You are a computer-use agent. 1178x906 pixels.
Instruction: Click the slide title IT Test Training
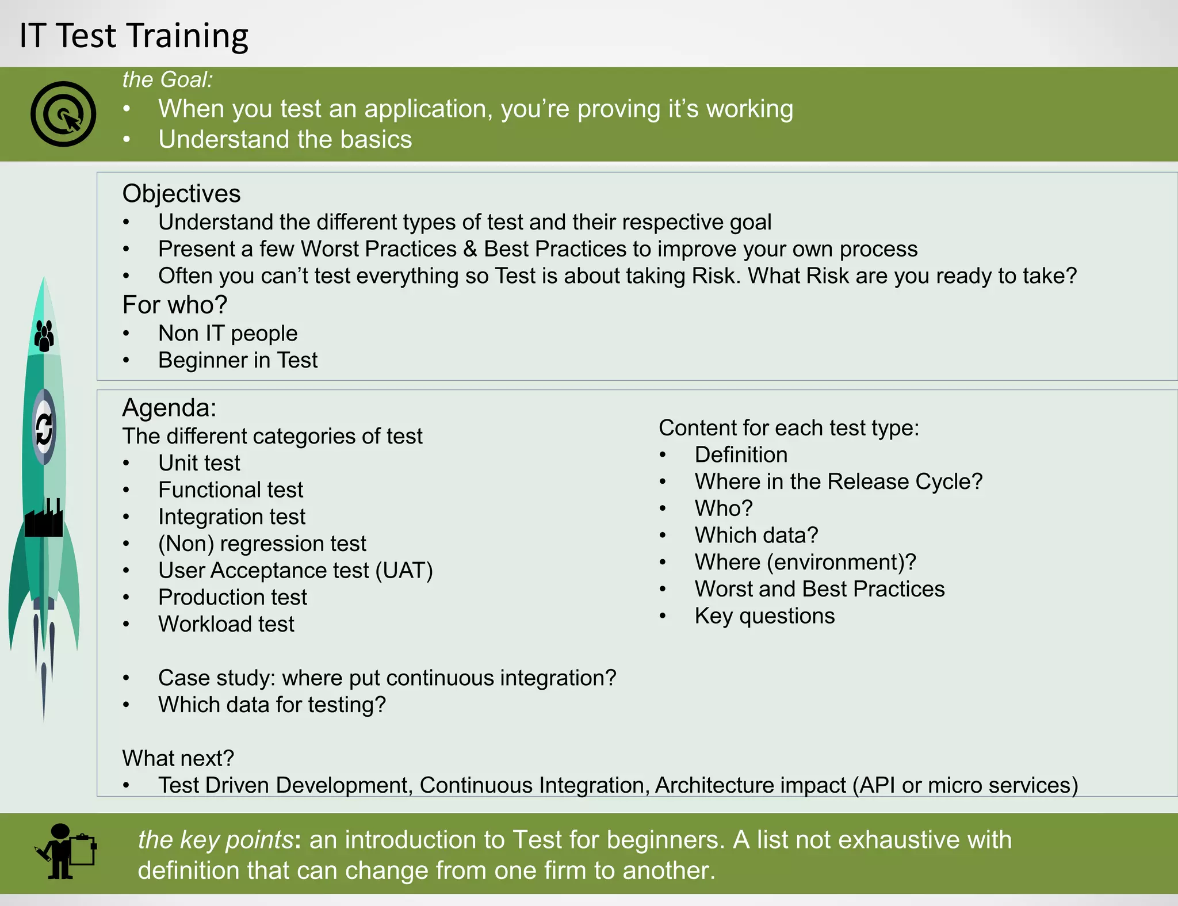(x=133, y=36)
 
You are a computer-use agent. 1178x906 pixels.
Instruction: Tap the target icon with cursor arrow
(x=63, y=114)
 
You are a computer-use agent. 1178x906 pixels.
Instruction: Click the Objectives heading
(x=181, y=193)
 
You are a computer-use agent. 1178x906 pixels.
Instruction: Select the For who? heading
(x=174, y=305)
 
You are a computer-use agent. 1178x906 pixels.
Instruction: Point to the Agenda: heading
(x=169, y=408)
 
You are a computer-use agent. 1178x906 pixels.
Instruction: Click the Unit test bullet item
(x=199, y=463)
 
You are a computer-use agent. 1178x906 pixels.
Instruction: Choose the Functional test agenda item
(x=230, y=490)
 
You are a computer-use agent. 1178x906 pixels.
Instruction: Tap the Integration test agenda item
(x=231, y=517)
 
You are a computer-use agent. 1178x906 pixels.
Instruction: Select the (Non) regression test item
(x=262, y=544)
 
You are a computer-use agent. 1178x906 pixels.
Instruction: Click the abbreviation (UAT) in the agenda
(x=404, y=571)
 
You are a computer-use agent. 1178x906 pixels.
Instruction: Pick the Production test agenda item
(x=232, y=597)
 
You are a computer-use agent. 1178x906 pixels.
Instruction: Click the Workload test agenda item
(x=226, y=624)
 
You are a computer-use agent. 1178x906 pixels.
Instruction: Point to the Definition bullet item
(x=741, y=455)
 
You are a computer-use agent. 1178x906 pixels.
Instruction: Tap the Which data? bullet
(x=756, y=536)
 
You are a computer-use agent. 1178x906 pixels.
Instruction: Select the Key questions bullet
(x=764, y=616)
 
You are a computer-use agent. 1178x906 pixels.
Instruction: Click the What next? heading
(x=178, y=758)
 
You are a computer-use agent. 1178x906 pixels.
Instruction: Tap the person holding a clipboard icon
(x=66, y=851)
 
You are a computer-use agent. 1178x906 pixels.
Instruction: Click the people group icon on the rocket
(x=44, y=335)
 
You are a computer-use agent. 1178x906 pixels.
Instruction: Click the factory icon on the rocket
(x=44, y=519)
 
